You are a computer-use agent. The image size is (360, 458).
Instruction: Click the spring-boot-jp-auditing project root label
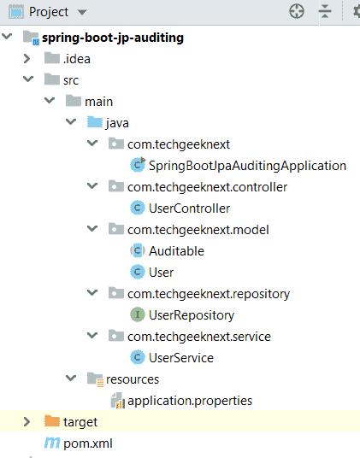click(x=113, y=38)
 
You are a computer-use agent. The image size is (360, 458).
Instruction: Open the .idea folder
click(x=77, y=59)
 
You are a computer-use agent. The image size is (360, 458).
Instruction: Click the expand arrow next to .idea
click(x=27, y=59)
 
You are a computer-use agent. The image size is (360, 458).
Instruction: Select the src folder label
click(x=71, y=80)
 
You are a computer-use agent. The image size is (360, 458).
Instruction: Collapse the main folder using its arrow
click(x=50, y=101)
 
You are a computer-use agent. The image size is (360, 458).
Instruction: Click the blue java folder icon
click(x=95, y=122)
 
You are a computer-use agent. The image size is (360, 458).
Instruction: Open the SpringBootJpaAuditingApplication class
click(x=247, y=166)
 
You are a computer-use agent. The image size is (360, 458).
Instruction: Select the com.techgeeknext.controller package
click(x=207, y=187)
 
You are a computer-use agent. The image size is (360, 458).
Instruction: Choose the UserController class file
click(x=189, y=208)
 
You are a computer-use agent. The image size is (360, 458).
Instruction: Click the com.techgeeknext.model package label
click(x=198, y=230)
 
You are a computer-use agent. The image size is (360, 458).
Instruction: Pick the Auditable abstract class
click(x=176, y=251)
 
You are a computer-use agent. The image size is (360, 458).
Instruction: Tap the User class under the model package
click(x=162, y=273)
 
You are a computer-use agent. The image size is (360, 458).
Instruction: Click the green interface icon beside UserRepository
click(x=138, y=314)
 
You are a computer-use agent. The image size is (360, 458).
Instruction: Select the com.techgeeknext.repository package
click(x=209, y=294)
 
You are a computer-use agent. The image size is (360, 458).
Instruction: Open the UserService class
click(x=181, y=358)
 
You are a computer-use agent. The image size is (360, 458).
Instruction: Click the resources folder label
click(x=133, y=379)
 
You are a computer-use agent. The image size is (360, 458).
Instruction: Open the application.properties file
click(x=190, y=401)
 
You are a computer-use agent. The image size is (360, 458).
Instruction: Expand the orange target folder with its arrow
click(x=27, y=422)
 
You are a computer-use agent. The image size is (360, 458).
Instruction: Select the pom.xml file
click(x=88, y=443)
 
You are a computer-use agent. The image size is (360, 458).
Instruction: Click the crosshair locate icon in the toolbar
click(x=297, y=12)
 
